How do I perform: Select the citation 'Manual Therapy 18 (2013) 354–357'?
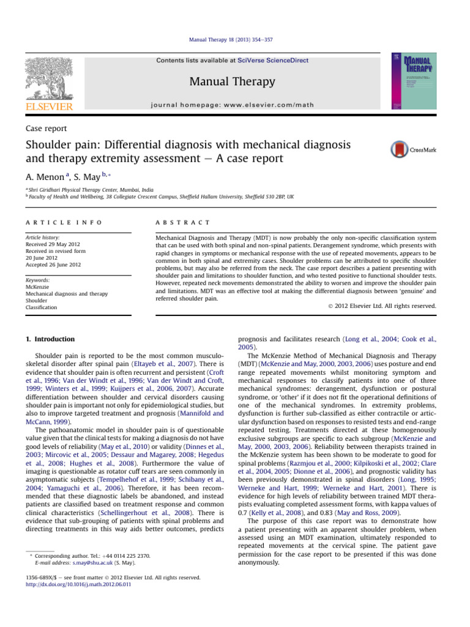pos(234,39)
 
